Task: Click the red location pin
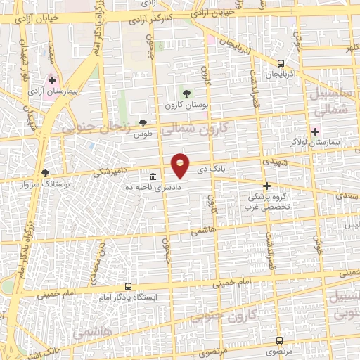coord(181,165)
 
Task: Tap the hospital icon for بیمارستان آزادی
coord(52,81)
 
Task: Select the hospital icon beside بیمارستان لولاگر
coord(315,131)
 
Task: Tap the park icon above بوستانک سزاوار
coord(46,172)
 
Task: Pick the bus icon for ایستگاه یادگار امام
coord(128,286)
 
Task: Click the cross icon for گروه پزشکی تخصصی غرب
coord(266,186)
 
